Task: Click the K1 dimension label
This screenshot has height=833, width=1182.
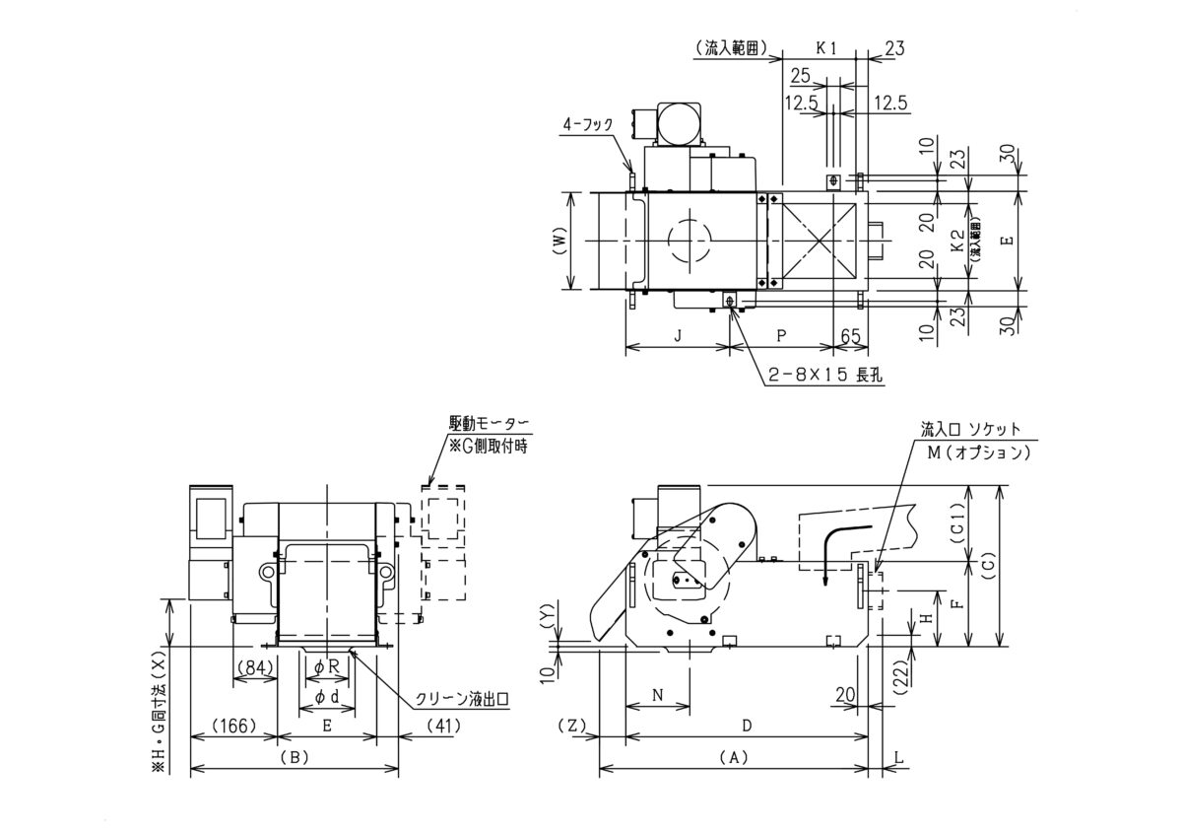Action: (x=826, y=48)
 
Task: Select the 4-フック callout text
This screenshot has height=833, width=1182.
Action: (x=588, y=124)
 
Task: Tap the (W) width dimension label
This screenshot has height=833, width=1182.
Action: (x=559, y=241)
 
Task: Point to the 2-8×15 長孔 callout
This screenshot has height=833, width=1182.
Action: (x=825, y=375)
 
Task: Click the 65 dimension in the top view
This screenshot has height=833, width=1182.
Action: (x=850, y=336)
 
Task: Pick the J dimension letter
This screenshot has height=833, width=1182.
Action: (x=679, y=335)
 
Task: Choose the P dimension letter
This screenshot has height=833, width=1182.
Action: (x=781, y=335)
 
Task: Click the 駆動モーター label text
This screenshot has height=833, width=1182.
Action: (x=489, y=423)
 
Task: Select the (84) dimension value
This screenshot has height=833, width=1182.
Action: (x=255, y=667)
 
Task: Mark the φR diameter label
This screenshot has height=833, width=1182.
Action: (x=327, y=667)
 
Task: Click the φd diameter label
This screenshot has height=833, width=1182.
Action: (x=327, y=697)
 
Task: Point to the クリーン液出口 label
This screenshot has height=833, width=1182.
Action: (x=462, y=699)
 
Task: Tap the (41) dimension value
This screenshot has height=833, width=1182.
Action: (x=442, y=726)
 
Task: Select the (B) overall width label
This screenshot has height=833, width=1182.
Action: (x=295, y=757)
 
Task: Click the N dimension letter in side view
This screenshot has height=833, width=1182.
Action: (x=658, y=695)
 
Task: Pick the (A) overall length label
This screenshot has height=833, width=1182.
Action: (x=734, y=757)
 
